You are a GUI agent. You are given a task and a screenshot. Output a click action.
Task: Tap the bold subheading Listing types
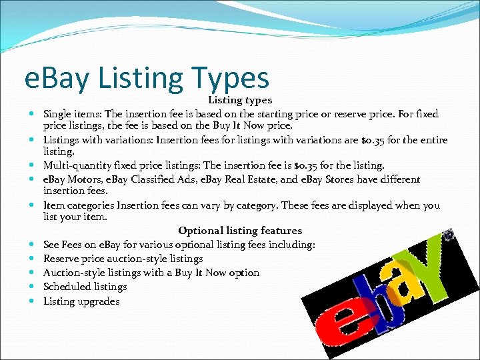click(x=240, y=100)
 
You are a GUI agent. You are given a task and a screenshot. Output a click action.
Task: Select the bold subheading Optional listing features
click(x=240, y=231)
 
